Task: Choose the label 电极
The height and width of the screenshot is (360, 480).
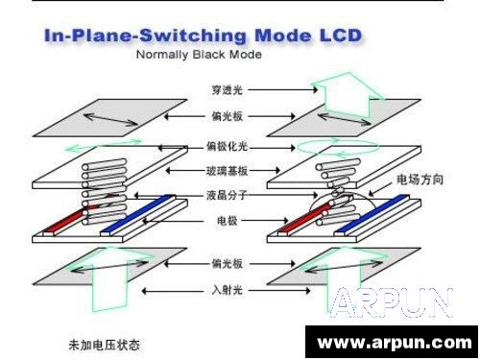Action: [227, 222]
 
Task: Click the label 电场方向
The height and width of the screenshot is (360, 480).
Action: [419, 179]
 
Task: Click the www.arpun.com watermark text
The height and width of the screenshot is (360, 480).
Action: [395, 342]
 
